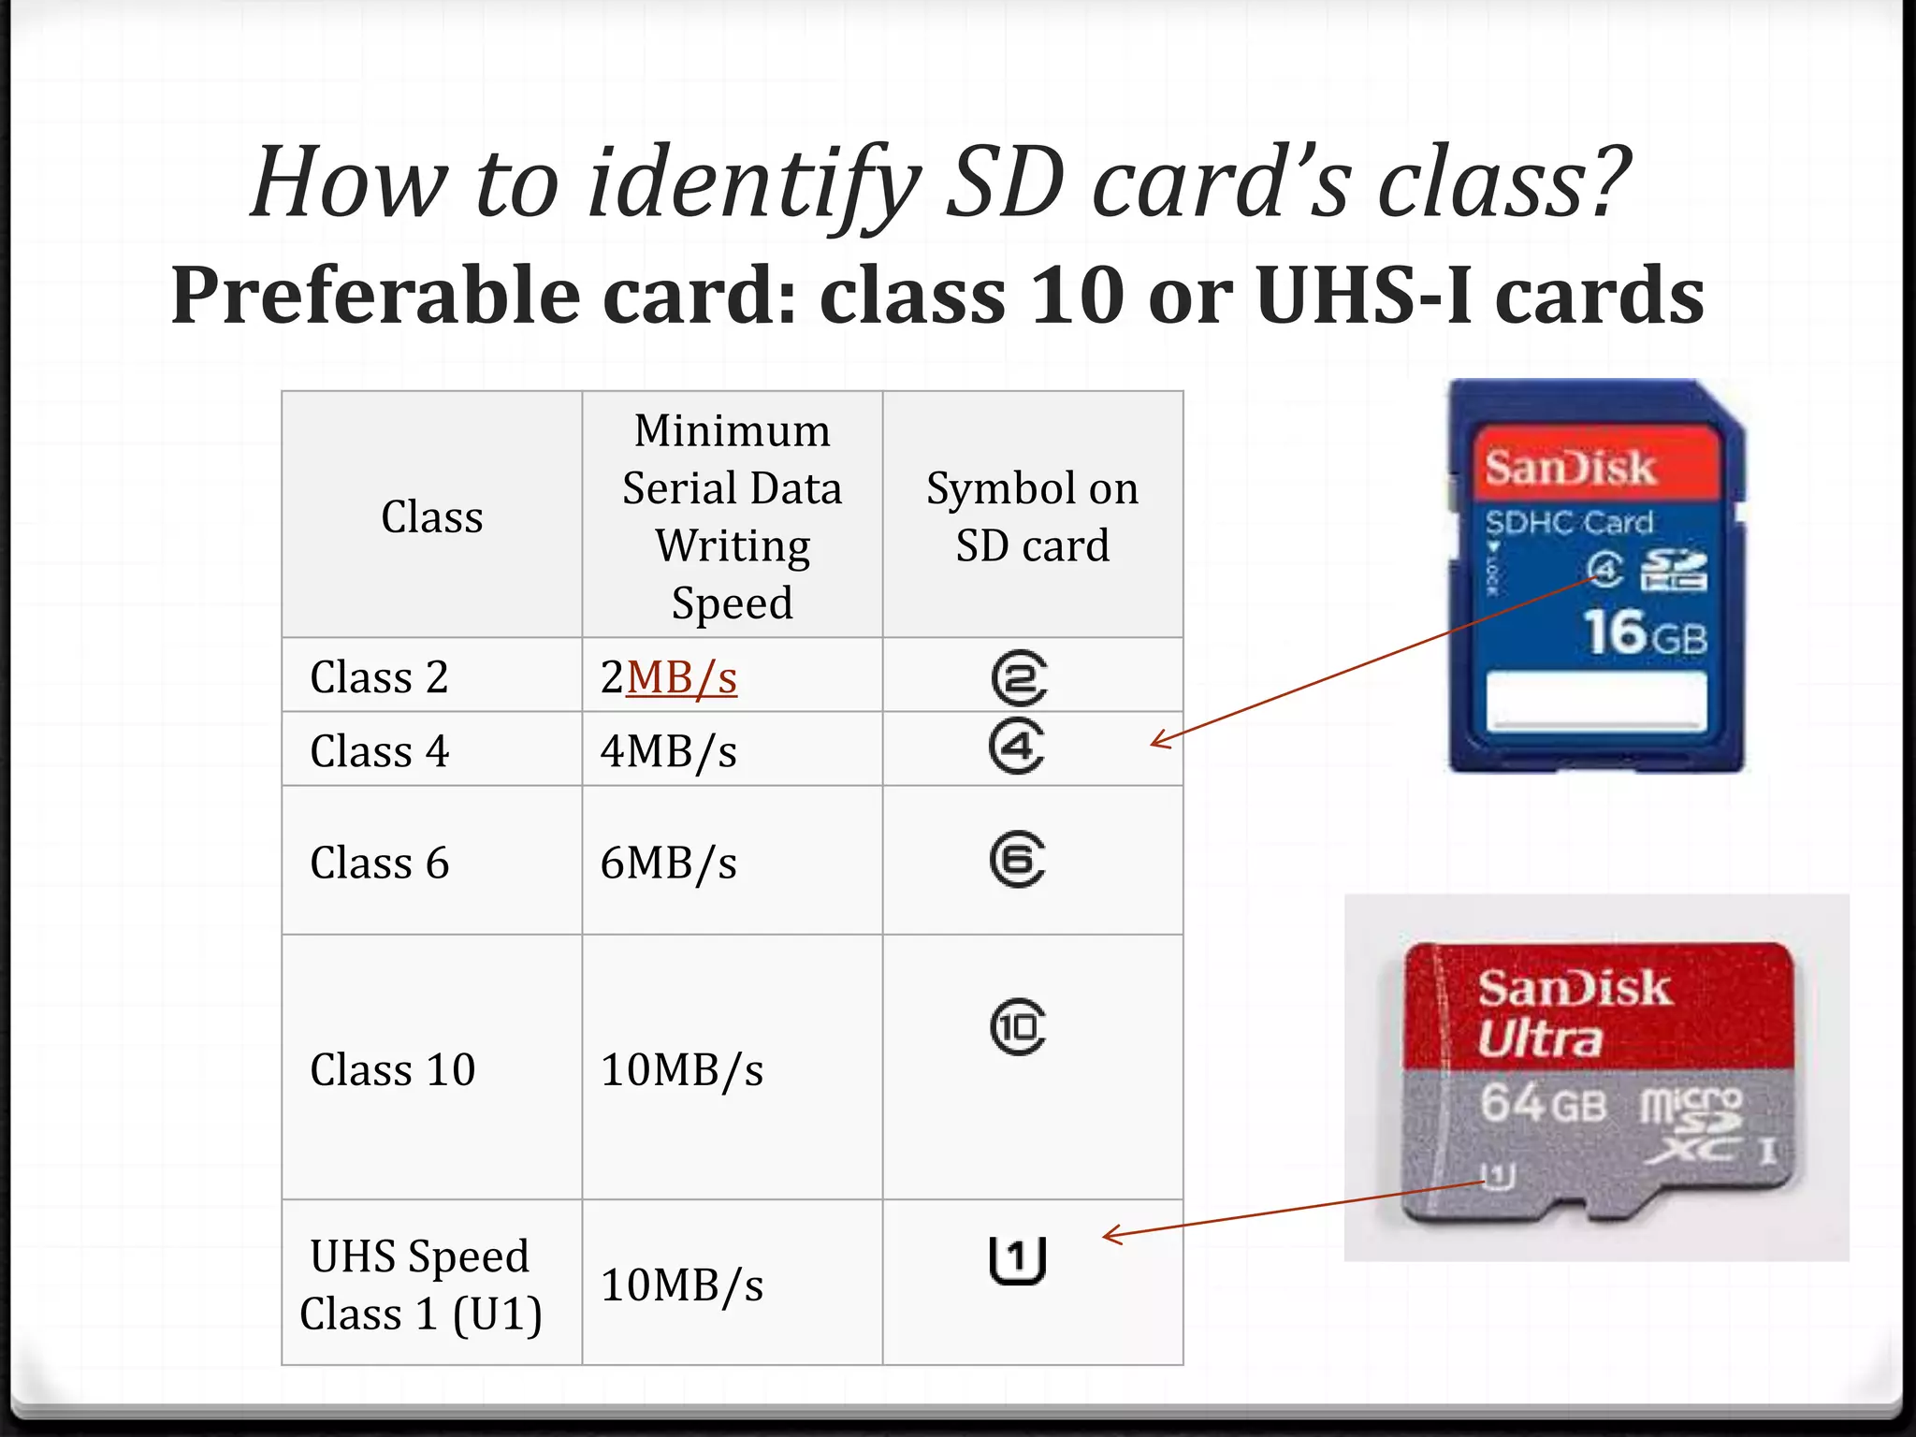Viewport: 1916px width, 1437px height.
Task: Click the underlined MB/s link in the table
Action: point(681,677)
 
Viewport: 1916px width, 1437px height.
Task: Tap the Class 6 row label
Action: point(379,863)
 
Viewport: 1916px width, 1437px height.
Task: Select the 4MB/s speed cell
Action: point(668,751)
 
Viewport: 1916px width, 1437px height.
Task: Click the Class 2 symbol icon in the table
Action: point(1019,677)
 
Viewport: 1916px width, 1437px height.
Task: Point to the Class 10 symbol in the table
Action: point(1018,1027)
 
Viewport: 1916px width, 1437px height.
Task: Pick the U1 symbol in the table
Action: point(1017,1259)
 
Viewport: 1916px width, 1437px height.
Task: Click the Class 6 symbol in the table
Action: point(1018,860)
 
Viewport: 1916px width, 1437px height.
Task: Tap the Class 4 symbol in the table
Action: point(1017,747)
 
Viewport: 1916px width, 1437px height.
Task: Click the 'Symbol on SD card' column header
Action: point(1032,516)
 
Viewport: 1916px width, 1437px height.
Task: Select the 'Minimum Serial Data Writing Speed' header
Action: point(732,516)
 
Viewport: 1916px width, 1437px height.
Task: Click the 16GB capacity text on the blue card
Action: point(1644,633)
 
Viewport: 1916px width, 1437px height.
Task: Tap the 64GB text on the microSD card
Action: point(1543,1104)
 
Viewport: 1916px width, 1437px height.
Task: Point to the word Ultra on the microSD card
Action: point(1539,1038)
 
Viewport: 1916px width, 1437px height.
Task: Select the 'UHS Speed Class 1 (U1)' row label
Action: point(420,1285)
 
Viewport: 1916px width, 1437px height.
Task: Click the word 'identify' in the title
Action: point(753,182)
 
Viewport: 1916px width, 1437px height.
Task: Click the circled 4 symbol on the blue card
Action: point(1604,569)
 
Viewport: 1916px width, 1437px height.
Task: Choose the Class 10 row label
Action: point(392,1069)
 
